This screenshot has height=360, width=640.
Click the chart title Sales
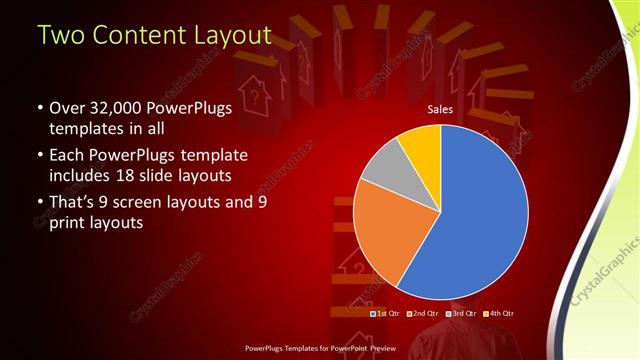[x=441, y=108]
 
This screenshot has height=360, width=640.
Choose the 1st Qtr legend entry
[x=388, y=314]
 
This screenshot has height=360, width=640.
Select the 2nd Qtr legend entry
[x=424, y=314]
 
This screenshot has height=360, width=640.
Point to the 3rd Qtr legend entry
[x=461, y=314]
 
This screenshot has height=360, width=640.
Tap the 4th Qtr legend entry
[x=497, y=314]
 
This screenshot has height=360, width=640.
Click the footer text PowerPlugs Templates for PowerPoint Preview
[x=320, y=349]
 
